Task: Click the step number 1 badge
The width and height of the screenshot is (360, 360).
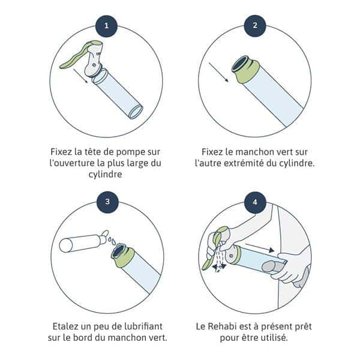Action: click(x=106, y=25)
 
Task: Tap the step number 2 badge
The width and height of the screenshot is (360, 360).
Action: click(x=255, y=25)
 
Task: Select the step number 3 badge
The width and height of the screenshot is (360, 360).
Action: click(x=107, y=202)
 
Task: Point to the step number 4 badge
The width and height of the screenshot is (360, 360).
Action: click(x=255, y=202)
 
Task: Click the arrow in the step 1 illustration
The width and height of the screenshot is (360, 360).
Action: click(x=80, y=76)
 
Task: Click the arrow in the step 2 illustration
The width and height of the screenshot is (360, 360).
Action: click(x=218, y=72)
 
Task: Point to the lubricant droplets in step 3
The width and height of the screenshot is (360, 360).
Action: click(x=112, y=241)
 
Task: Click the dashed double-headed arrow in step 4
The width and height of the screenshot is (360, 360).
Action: click(x=219, y=266)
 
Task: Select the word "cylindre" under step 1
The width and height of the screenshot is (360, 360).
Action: click(x=105, y=174)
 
